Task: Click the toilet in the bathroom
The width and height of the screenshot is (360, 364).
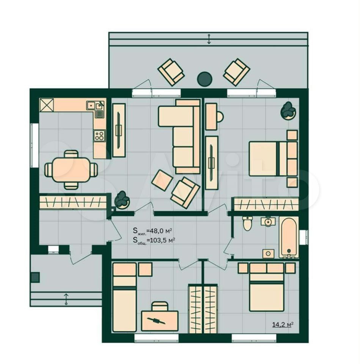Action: (247, 223)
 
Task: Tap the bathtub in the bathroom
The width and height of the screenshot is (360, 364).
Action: (289, 237)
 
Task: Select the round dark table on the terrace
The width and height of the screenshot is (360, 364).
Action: (204, 79)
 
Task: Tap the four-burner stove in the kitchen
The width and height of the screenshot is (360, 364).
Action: (99, 136)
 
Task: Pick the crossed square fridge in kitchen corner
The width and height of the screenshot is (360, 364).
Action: (47, 105)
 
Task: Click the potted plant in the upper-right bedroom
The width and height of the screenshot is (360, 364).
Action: (288, 110)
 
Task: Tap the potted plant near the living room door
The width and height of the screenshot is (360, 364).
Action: (122, 200)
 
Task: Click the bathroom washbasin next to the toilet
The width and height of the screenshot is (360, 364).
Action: (268, 221)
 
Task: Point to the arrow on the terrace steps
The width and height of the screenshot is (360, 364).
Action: (209, 39)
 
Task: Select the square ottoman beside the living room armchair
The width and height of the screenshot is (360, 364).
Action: (162, 180)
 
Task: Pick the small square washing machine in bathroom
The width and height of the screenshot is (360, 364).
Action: (268, 254)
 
